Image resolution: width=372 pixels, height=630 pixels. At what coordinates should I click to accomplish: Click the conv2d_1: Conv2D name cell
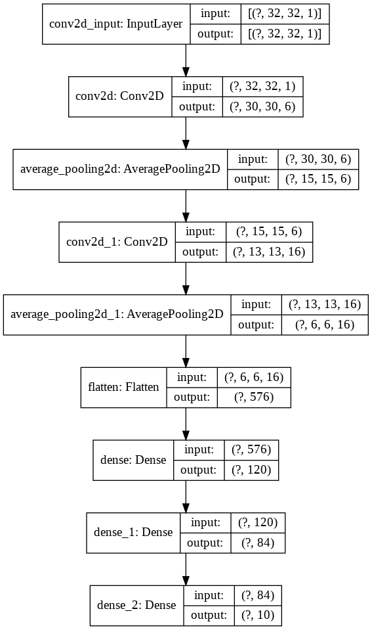117,241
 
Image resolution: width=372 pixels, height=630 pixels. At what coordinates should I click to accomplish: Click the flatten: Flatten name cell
123,387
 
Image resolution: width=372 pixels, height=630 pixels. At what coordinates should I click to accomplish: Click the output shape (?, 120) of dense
251,470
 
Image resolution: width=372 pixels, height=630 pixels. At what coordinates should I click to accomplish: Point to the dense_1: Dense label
133,532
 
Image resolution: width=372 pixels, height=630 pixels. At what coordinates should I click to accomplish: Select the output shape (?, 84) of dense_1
253,543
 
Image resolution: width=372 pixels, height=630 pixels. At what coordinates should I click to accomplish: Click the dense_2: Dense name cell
136,604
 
